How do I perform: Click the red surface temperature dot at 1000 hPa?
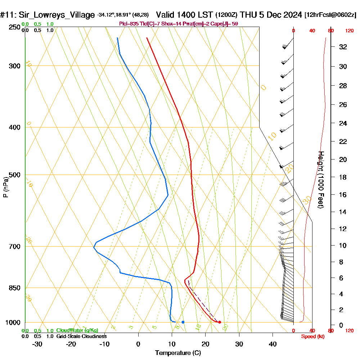click(x=220, y=322)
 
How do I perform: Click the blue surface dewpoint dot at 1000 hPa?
click(x=183, y=322)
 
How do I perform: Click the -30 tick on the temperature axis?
click(x=37, y=344)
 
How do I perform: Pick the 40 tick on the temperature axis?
click(x=273, y=344)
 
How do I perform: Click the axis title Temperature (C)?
click(x=178, y=353)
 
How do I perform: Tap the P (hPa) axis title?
click(x=5, y=187)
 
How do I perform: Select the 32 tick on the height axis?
click(x=343, y=47)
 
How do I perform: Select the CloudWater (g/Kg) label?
click(x=77, y=330)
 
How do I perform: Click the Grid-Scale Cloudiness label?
click(x=81, y=336)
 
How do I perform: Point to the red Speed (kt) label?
click(x=312, y=336)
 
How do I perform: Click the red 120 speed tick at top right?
click(x=349, y=31)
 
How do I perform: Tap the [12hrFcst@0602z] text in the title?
click(x=330, y=15)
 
